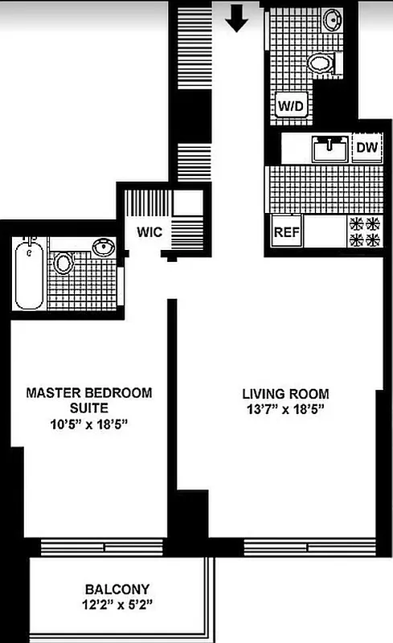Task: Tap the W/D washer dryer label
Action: pos(290,105)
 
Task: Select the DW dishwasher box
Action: pos(366,147)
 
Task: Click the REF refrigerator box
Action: pos(287,232)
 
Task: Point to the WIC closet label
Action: pos(150,233)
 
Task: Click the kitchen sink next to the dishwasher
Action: pos(330,148)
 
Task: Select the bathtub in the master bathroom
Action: pos(29,274)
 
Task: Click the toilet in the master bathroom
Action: pos(64,262)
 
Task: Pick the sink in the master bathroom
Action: pos(103,248)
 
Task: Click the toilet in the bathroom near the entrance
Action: pos(324,63)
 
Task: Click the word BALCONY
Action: pos(121,589)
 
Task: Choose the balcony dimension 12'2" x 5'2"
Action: pos(121,605)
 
